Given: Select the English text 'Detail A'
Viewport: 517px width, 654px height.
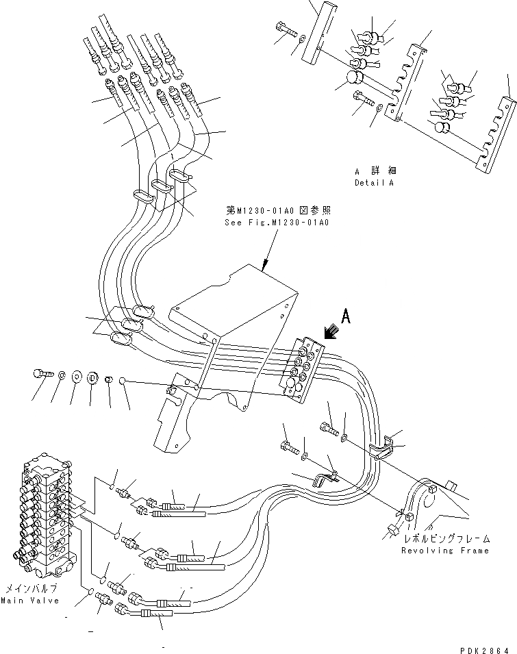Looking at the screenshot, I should (x=375, y=183).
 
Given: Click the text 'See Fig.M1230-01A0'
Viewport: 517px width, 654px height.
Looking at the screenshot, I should (x=277, y=223).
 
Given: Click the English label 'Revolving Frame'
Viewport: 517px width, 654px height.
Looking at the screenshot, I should (x=445, y=550).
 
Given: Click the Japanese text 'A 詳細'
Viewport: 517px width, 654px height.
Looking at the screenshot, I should (x=375, y=171).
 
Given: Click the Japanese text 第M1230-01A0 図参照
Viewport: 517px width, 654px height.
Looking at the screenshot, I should (x=277, y=211).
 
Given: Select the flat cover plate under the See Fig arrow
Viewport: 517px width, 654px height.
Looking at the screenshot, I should (x=233, y=301).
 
